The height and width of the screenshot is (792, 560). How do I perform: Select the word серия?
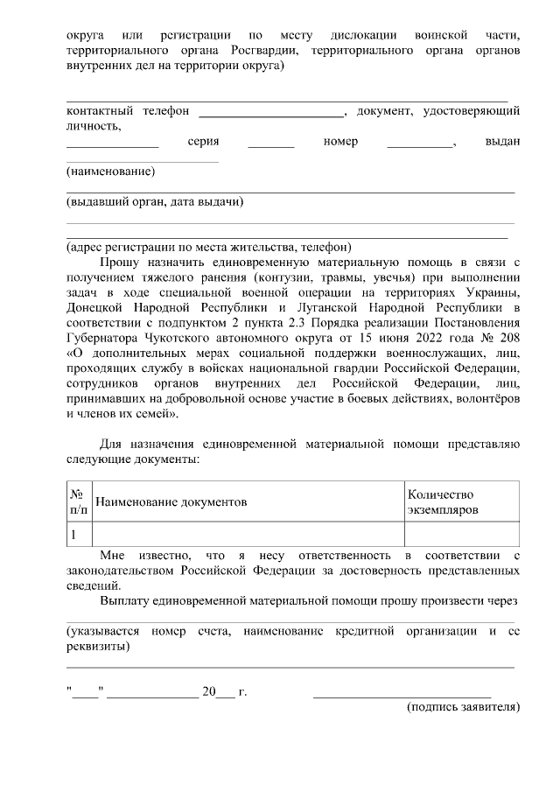coord(203,142)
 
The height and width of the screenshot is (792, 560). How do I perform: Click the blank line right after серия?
coord(270,145)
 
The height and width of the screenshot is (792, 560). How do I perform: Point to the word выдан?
coord(502,142)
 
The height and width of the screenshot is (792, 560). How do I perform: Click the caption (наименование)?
coord(111,172)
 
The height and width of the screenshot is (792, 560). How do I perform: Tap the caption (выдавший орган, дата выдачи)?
coord(155,202)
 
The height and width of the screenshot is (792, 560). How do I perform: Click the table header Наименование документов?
coord(171,501)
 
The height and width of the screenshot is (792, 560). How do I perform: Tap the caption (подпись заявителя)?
coord(464,706)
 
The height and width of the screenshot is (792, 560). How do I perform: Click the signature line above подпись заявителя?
coord(402,694)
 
